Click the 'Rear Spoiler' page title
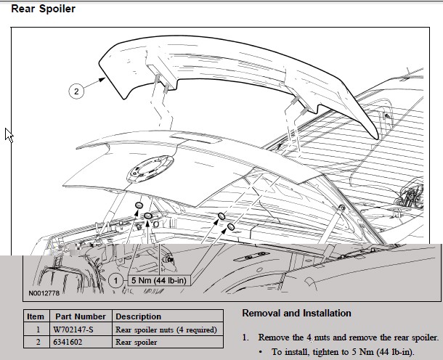pyautogui.click(x=43, y=9)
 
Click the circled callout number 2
pyautogui.click(x=76, y=91)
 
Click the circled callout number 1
pyautogui.click(x=115, y=279)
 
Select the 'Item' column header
pyautogui.click(x=36, y=316)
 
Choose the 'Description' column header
pyautogui.click(x=139, y=316)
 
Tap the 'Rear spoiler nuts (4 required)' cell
pyautogui.click(x=166, y=330)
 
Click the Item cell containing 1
pyautogui.click(x=35, y=330)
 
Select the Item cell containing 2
pyautogui.click(x=35, y=342)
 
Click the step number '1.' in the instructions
pyautogui.click(x=245, y=338)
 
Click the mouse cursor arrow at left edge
pyautogui.click(x=9, y=134)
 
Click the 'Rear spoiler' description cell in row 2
pyautogui.click(x=137, y=342)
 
